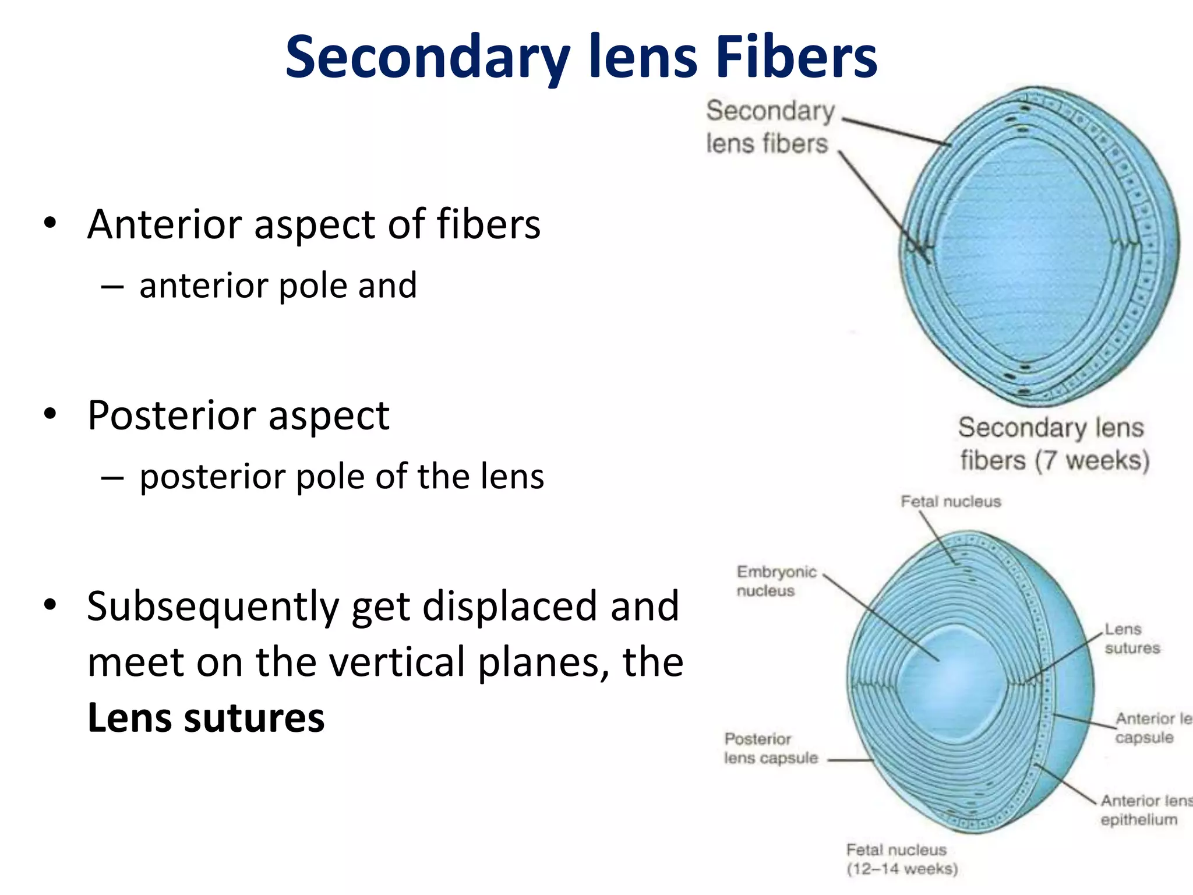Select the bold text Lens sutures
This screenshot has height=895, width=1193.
(x=206, y=718)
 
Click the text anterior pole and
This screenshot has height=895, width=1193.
(x=278, y=286)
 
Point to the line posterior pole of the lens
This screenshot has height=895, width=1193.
(x=341, y=477)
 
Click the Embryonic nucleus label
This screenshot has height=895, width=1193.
(x=776, y=581)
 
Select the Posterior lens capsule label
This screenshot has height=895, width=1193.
(x=770, y=748)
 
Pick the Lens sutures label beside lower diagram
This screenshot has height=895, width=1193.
(x=1131, y=639)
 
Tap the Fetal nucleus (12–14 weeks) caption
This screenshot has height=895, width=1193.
(x=901, y=859)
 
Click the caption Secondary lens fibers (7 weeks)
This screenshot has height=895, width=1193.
(x=1053, y=444)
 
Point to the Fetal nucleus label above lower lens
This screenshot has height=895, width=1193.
(x=950, y=502)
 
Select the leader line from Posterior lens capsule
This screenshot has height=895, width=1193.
(x=850, y=760)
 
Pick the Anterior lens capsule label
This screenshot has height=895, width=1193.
(x=1150, y=728)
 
